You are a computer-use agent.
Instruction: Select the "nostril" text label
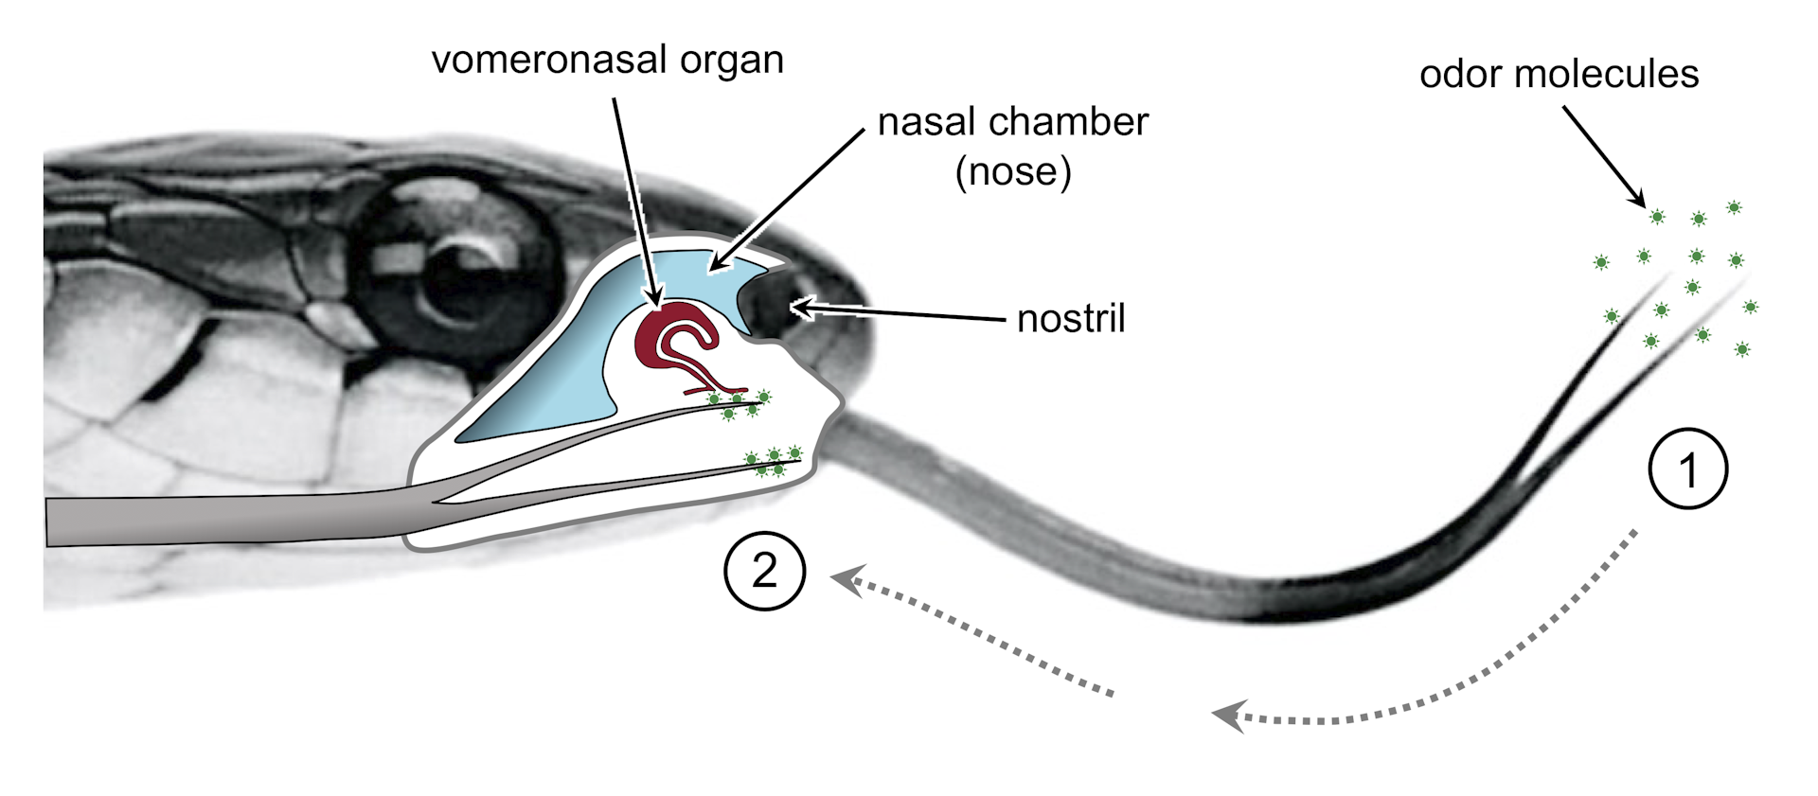pyautogui.click(x=1071, y=320)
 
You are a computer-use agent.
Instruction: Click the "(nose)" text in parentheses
pyautogui.click(x=1013, y=171)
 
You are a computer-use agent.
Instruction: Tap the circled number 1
pyautogui.click(x=1687, y=469)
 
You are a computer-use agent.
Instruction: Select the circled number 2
pyautogui.click(x=764, y=572)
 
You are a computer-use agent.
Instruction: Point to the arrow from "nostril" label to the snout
pyautogui.click(x=900, y=313)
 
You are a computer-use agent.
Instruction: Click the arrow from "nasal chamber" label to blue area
pyautogui.click(x=786, y=199)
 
